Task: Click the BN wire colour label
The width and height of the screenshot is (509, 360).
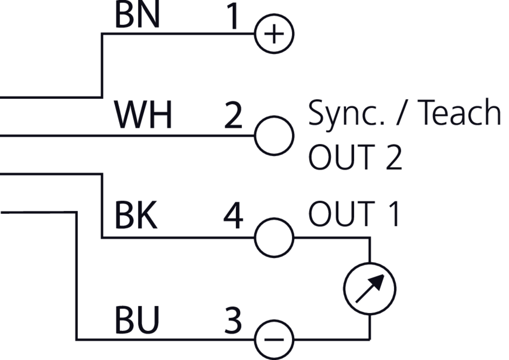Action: tap(137, 15)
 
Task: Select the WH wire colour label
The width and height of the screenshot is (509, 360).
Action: tap(143, 115)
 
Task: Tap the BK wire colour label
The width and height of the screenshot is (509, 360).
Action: tap(136, 216)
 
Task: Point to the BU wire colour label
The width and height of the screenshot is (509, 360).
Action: tap(137, 320)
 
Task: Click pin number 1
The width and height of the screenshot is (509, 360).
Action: tap(233, 17)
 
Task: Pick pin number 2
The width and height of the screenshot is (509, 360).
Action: tap(233, 116)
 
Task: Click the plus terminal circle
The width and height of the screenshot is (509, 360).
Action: tap(274, 34)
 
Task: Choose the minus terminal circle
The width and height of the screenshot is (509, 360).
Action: tap(274, 339)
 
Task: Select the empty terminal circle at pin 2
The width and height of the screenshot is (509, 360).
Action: tap(274, 135)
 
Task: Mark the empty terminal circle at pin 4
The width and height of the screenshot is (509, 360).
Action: tap(274, 238)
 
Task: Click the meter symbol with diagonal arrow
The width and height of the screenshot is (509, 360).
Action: tap(370, 288)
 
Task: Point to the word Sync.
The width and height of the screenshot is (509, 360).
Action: tap(344, 113)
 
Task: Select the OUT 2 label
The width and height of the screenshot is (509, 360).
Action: tap(355, 157)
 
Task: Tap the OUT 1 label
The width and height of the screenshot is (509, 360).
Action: tap(355, 214)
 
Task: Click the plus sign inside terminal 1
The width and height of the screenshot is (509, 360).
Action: tap(274, 34)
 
